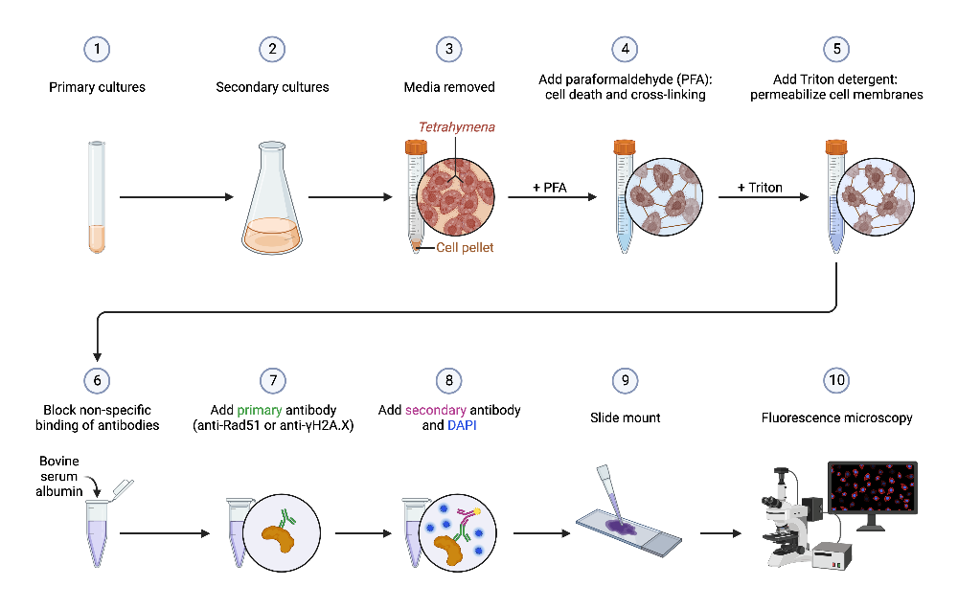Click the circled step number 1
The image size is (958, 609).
point(97,49)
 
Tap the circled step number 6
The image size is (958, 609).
point(97,379)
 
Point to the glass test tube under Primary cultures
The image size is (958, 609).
point(97,196)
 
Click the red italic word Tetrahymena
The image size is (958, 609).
point(456,127)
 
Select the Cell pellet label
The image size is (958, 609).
point(467,248)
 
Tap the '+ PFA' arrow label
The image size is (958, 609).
point(550,188)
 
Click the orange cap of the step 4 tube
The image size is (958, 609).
point(624,147)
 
